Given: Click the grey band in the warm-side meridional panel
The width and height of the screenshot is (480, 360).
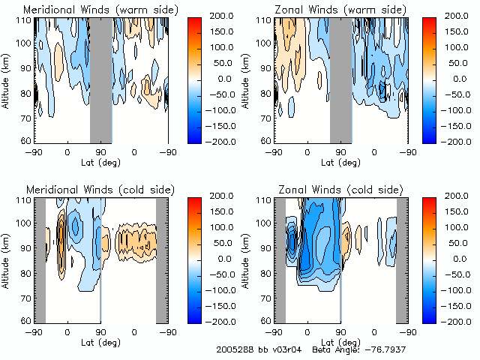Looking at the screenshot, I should pyautogui.click(x=101, y=79).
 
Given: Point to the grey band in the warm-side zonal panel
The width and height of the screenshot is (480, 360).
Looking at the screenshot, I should pyautogui.click(x=341, y=79).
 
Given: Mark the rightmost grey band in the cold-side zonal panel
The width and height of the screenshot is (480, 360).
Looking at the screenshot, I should pyautogui.click(x=402, y=259).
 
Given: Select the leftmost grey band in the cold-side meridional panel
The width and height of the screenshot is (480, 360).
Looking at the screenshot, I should pyautogui.click(x=41, y=259).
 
